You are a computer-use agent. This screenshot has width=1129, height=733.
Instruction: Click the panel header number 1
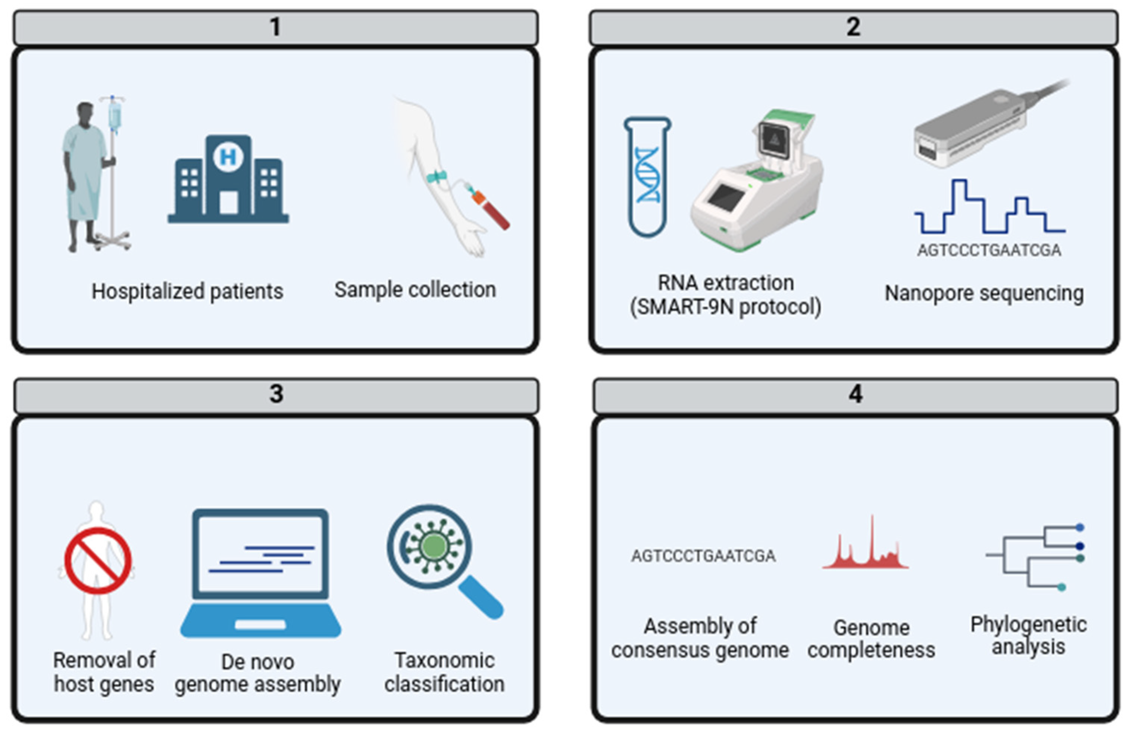point(275,27)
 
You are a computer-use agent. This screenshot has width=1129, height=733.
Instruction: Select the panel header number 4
point(855,394)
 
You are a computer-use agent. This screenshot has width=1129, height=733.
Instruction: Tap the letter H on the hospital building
point(228,156)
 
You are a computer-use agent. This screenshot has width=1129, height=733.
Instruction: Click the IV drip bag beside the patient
point(114,116)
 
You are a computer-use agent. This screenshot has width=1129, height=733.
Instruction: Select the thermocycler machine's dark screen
point(725,197)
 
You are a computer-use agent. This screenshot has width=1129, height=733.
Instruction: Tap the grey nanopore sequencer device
point(970,128)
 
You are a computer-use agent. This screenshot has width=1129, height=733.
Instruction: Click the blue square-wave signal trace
point(989,209)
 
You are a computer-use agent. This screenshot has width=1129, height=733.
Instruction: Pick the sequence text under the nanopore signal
point(989,250)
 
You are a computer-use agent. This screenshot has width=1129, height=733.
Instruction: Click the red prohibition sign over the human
point(98,561)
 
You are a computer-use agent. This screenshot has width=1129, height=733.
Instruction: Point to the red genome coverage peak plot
point(866,550)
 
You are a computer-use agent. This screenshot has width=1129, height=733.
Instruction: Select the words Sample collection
point(415,289)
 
